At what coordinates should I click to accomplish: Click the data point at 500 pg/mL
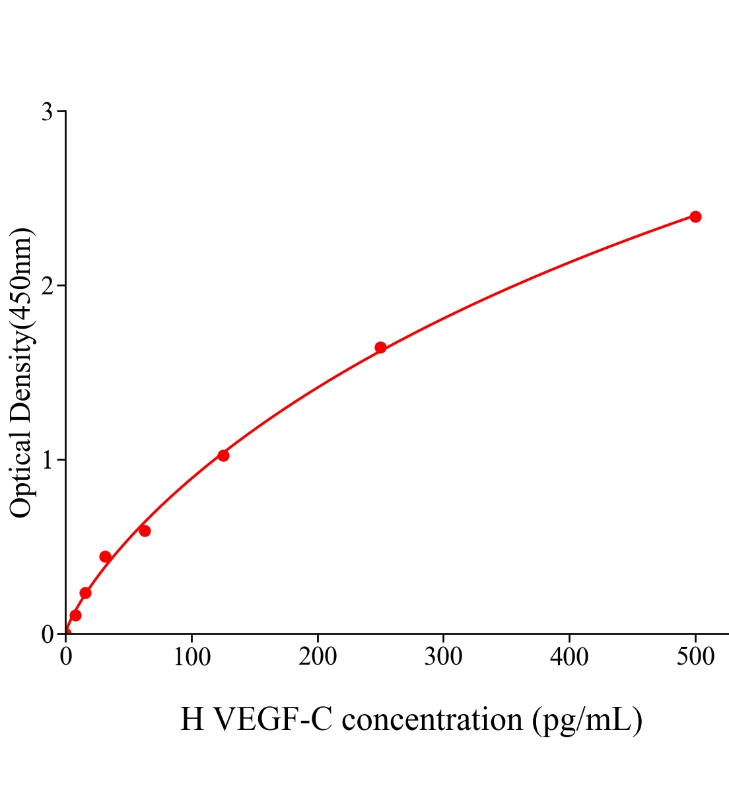tap(695, 216)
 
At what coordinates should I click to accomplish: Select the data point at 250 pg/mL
tap(380, 347)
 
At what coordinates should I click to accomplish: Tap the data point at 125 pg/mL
tap(223, 455)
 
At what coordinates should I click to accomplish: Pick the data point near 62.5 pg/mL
tap(145, 531)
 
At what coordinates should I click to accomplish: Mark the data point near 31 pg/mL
tap(105, 556)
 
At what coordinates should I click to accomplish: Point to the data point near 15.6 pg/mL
tap(85, 593)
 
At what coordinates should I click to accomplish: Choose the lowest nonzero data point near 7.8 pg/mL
tap(75, 615)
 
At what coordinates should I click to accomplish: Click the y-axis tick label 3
tap(47, 112)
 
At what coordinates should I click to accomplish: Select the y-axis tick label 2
tap(47, 286)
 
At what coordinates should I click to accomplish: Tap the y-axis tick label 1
tap(47, 460)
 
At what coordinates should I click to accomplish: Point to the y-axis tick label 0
tap(47, 634)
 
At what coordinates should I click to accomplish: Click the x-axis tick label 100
tap(191, 657)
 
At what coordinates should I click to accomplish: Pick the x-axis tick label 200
tap(318, 657)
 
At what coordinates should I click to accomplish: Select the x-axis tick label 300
tap(443, 657)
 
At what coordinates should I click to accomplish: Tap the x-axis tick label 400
tap(569, 657)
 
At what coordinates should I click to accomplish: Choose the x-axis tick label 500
tap(695, 657)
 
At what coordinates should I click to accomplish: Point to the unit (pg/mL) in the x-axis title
tap(587, 719)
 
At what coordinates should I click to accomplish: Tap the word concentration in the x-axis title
tap(433, 719)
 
